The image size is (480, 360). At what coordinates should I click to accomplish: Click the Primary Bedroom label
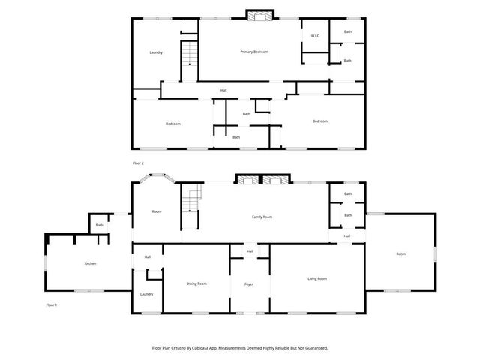(x=254, y=52)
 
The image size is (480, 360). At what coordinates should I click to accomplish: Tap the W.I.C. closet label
(x=316, y=36)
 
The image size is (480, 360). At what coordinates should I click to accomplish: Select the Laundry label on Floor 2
(x=156, y=52)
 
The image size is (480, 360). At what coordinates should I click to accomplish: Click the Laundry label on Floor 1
(x=146, y=294)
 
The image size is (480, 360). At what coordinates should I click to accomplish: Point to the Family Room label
(x=262, y=217)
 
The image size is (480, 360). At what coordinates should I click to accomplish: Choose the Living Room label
(x=317, y=278)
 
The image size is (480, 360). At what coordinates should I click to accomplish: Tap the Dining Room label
(x=196, y=283)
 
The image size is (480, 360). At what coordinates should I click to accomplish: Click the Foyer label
(x=249, y=284)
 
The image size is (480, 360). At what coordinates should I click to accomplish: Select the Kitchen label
(x=90, y=263)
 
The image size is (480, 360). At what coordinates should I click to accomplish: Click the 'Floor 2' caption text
(x=138, y=163)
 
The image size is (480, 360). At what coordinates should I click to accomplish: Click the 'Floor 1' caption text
(x=52, y=304)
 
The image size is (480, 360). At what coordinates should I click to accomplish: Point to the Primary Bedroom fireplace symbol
(x=261, y=16)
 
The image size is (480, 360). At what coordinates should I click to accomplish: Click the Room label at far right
(x=401, y=254)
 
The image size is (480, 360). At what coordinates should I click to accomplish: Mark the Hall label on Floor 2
(x=223, y=91)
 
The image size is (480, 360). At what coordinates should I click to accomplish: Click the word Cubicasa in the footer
(x=212, y=348)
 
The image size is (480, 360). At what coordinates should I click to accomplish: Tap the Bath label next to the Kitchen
(x=99, y=225)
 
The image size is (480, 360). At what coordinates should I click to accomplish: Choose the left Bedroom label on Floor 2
(x=173, y=124)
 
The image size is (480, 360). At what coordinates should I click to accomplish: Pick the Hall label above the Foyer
(x=250, y=251)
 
